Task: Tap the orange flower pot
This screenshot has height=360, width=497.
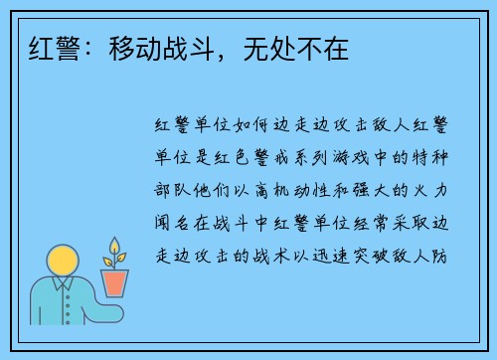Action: pyautogui.click(x=116, y=282)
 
